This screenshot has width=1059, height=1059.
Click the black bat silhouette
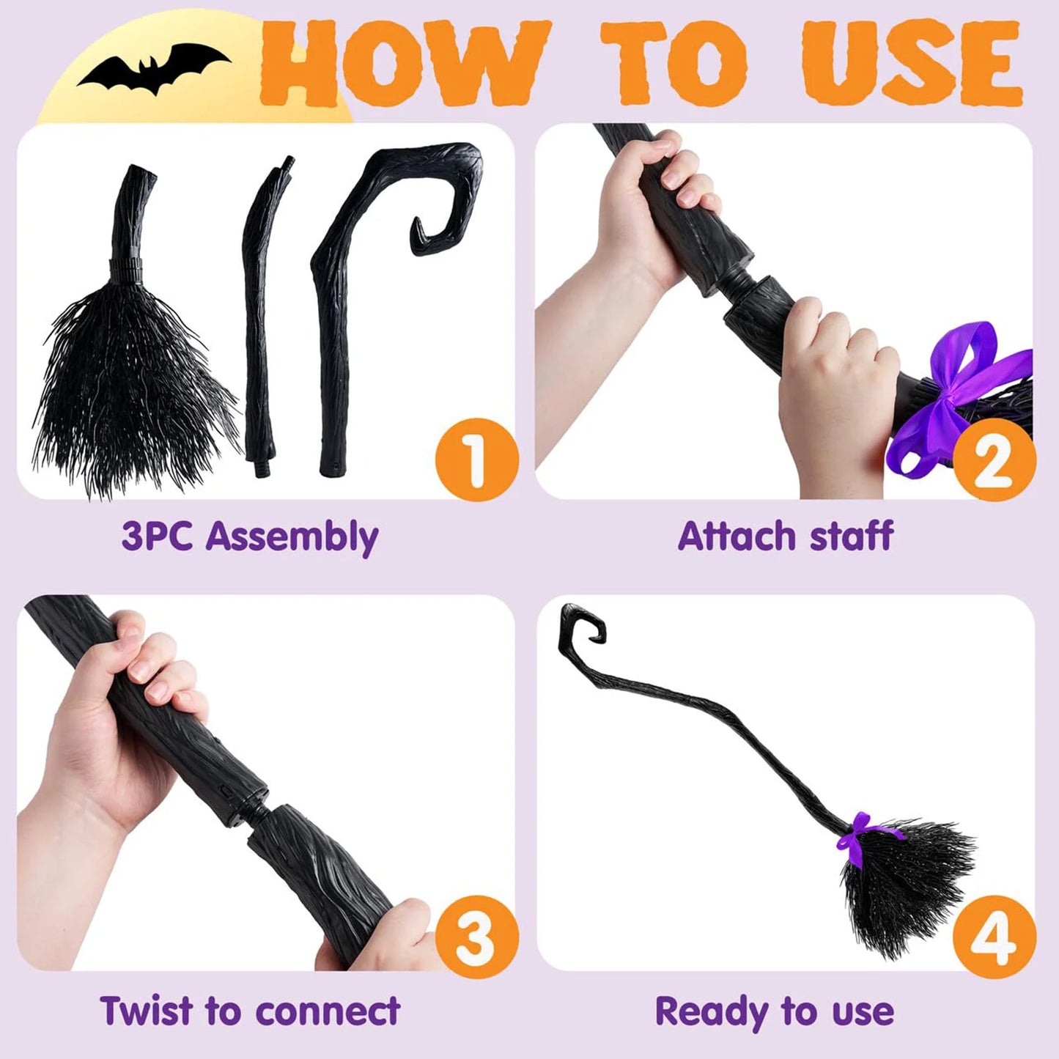click(x=155, y=68)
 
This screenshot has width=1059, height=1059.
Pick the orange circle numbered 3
click(x=476, y=937)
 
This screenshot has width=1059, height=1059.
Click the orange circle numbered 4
click(x=994, y=937)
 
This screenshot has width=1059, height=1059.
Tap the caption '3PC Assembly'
click(x=250, y=536)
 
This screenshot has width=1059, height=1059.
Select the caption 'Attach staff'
click(x=785, y=536)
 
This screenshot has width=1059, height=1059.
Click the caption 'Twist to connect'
click(x=250, y=1011)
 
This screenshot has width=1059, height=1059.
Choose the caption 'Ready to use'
click(x=775, y=1011)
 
